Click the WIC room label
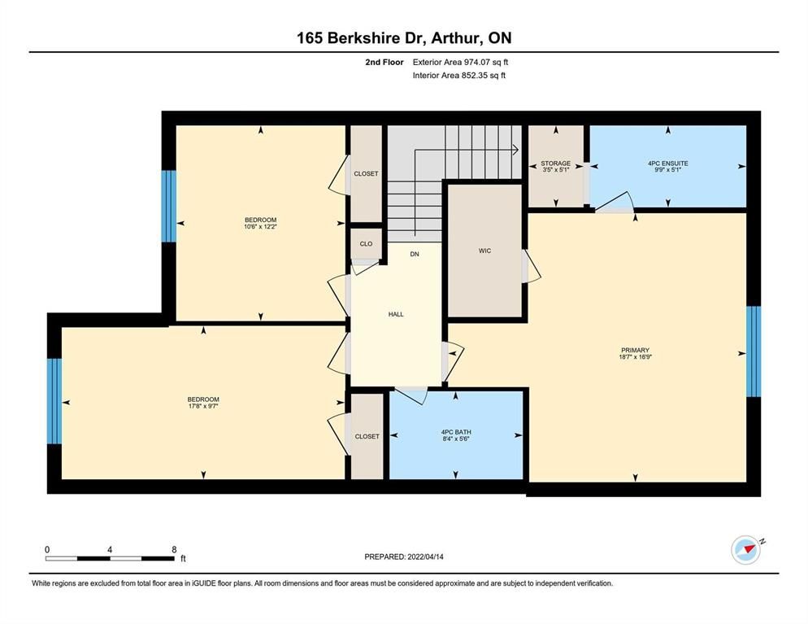(x=485, y=251)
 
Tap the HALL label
(x=396, y=314)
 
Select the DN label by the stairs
(x=415, y=255)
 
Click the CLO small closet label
(x=366, y=244)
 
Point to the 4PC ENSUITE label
(x=668, y=163)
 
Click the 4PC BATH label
(x=456, y=432)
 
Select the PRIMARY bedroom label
(x=635, y=350)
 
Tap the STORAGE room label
(x=555, y=163)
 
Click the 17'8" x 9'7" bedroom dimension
(x=203, y=407)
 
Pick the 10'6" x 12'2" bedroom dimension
(x=261, y=226)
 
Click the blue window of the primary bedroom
(x=754, y=351)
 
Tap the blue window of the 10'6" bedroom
(x=168, y=207)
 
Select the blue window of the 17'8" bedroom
(x=54, y=401)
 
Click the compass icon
(x=745, y=550)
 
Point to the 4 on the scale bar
(x=110, y=550)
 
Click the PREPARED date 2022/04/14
(x=426, y=557)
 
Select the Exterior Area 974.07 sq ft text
(x=460, y=62)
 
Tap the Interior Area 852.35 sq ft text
(x=459, y=76)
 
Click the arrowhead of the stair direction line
(x=515, y=150)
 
